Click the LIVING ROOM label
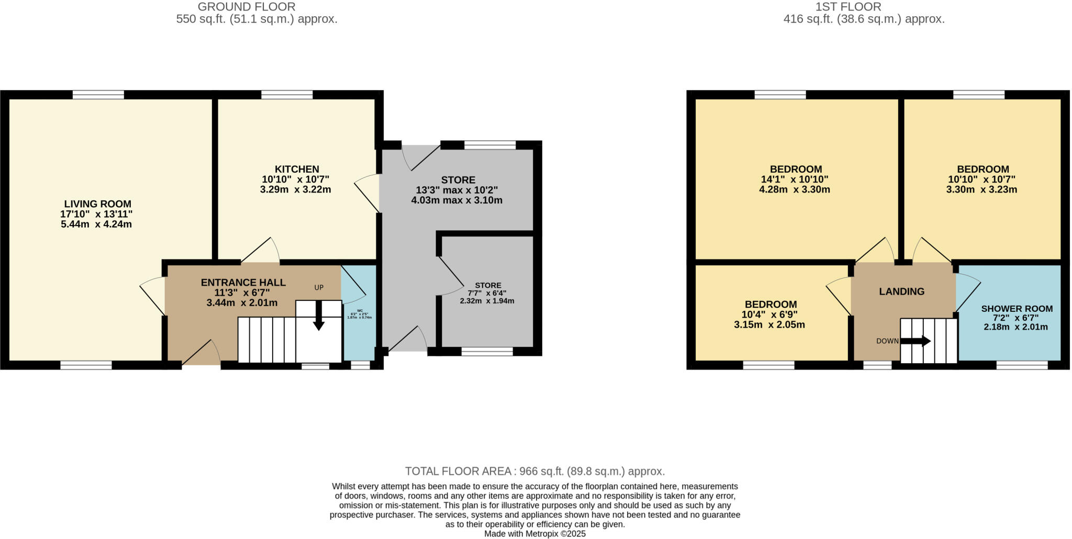coord(97,204)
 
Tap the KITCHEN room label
coord(297,169)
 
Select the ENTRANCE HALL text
coord(243,283)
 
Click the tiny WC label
coord(360,310)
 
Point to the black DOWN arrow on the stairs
coord(915,341)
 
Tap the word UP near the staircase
coord(319,287)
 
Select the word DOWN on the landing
coord(887,341)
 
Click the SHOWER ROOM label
coord(1017,309)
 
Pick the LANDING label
coord(901,291)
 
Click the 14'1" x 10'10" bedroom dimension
coord(795,179)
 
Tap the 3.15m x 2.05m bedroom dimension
coord(769,324)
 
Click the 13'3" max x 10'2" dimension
coord(457,190)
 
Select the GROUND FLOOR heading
coord(247,7)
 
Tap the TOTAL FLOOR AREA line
coord(534,471)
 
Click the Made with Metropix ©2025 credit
coord(534,534)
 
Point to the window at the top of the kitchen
coord(287,95)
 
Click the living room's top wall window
coord(98,95)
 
